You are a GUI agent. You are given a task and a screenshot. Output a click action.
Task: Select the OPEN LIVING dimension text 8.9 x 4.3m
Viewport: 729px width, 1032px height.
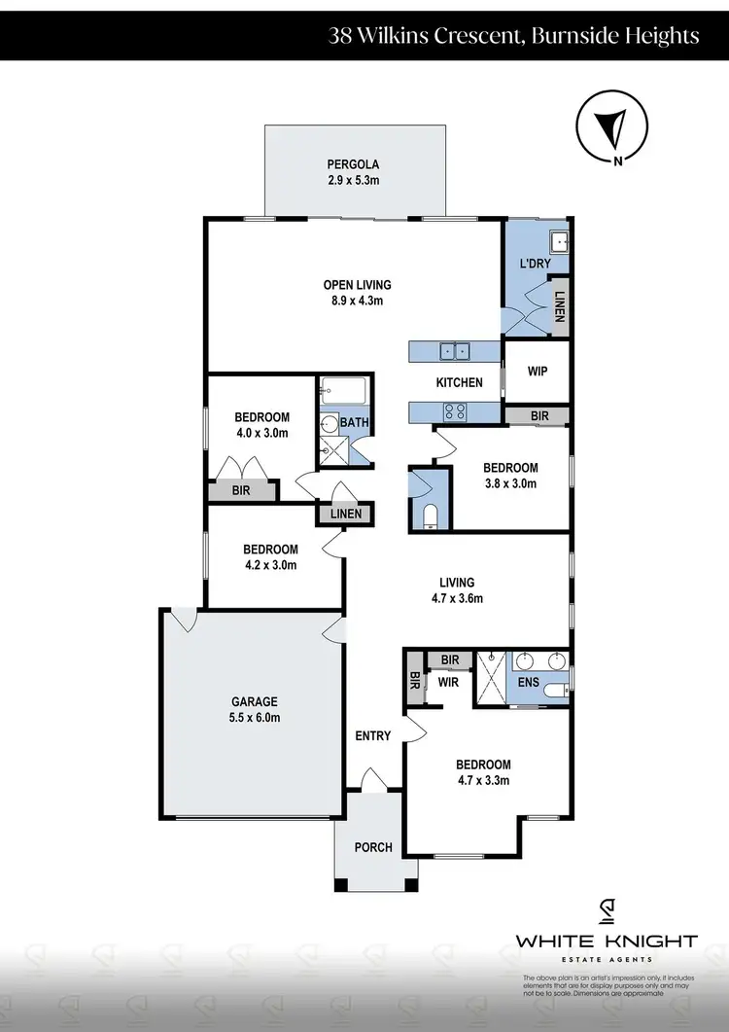click(357, 301)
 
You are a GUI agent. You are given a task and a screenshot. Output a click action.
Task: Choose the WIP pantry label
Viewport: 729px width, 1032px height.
click(536, 371)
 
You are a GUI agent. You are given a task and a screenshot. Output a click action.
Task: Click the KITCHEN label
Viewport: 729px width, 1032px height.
click(459, 382)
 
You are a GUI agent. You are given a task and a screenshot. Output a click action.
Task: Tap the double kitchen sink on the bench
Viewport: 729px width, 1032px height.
click(454, 351)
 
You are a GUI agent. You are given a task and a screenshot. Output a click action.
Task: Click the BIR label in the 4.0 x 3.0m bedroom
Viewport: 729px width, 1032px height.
click(241, 491)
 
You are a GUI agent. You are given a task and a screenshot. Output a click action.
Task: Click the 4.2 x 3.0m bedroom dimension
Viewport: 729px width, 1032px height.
click(270, 565)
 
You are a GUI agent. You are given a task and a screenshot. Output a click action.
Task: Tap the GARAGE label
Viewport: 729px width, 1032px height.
click(255, 701)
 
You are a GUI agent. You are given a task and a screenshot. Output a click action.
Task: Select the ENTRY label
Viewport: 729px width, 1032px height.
click(373, 736)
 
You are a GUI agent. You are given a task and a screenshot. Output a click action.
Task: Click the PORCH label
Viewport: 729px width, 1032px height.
click(373, 847)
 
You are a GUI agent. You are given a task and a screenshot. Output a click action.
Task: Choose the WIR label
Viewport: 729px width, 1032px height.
click(447, 683)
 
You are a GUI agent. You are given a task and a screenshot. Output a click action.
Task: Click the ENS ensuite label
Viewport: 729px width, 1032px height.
click(529, 685)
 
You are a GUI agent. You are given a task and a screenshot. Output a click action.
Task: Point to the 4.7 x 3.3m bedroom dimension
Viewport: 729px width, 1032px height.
click(483, 780)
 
